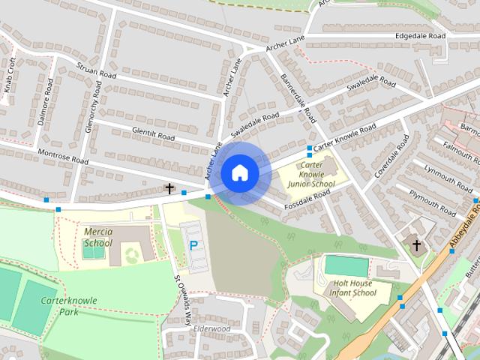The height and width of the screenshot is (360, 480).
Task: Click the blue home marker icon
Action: [x=239, y=172]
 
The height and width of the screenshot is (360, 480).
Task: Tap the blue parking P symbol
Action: [x=193, y=245]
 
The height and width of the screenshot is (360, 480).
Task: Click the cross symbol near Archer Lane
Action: [x=169, y=189]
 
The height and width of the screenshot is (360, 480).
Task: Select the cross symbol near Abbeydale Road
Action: [x=416, y=245]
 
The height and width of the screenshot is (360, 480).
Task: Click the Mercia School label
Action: [x=98, y=237]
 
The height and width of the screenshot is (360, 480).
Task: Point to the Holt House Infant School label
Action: [x=355, y=288]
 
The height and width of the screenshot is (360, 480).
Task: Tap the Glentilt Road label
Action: [x=152, y=133]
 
